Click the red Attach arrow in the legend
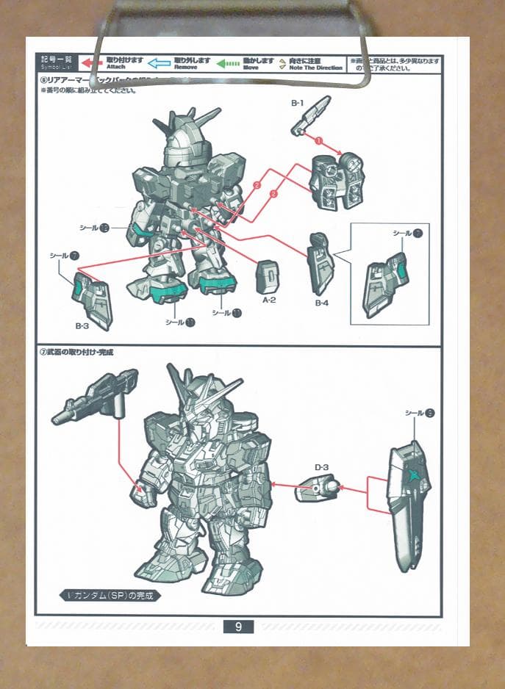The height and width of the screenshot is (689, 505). point(91,62)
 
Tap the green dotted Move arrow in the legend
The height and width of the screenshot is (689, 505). point(229,63)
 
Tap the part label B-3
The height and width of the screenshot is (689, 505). point(82,324)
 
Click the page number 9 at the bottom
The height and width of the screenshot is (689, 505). point(238,627)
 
